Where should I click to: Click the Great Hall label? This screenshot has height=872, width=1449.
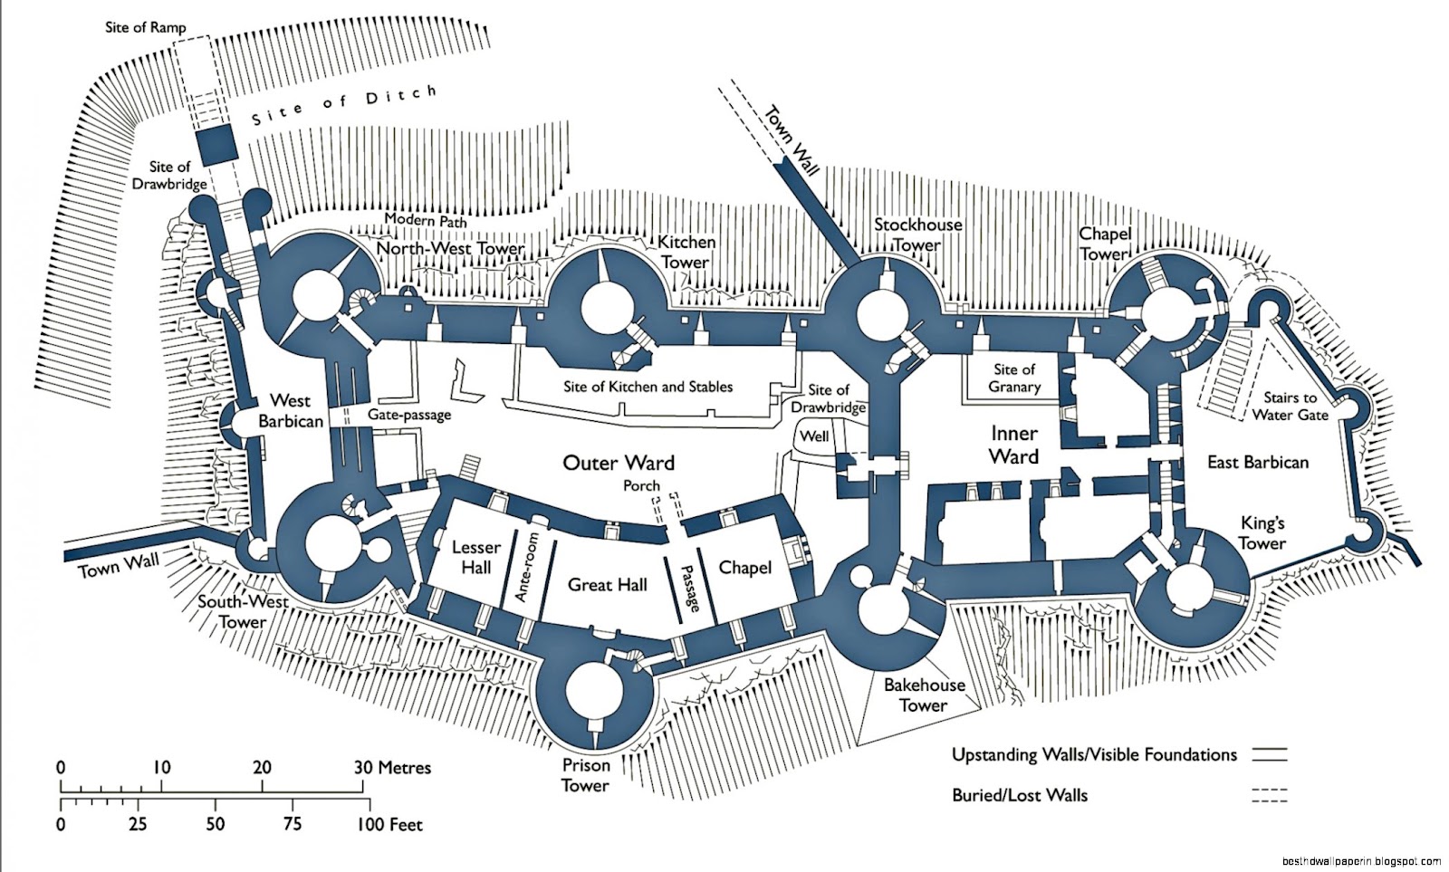pyautogui.click(x=607, y=585)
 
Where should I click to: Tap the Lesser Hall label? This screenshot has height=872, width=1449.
pyautogui.click(x=475, y=557)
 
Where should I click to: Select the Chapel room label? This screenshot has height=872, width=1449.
pyautogui.click(x=744, y=568)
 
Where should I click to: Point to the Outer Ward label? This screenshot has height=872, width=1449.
pyautogui.click(x=619, y=463)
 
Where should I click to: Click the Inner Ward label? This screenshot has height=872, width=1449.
pyautogui.click(x=1013, y=445)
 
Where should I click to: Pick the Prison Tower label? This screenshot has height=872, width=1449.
pyautogui.click(x=585, y=775)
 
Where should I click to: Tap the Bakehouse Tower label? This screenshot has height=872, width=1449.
pyautogui.click(x=924, y=695)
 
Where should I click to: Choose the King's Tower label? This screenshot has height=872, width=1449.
pyautogui.click(x=1262, y=533)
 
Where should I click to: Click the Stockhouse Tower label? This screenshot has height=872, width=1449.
pyautogui.click(x=917, y=234)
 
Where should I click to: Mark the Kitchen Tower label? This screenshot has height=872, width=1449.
pyautogui.click(x=686, y=252)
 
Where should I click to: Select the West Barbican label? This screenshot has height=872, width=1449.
pyautogui.click(x=290, y=410)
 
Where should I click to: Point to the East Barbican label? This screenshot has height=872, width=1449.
pyautogui.click(x=1258, y=463)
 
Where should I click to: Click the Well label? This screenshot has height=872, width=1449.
pyautogui.click(x=814, y=436)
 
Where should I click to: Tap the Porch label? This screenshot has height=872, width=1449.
pyautogui.click(x=641, y=486)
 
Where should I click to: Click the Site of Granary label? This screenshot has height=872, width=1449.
pyautogui.click(x=1013, y=378)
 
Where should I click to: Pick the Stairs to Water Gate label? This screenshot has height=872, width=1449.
pyautogui.click(x=1291, y=406)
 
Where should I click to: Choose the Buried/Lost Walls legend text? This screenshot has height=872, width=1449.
pyautogui.click(x=1020, y=795)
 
